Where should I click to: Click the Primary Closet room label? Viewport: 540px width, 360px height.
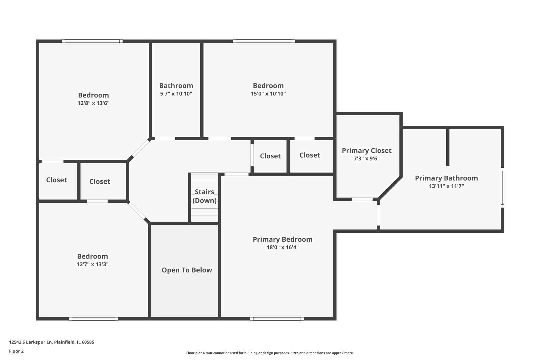tap(366, 151)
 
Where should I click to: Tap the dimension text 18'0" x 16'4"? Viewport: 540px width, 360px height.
tap(283, 247)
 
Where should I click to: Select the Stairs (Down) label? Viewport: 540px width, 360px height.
tap(204, 196)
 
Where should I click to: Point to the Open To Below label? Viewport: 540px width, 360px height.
tap(187, 270)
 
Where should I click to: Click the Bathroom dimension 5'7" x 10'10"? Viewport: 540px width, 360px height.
tap(176, 94)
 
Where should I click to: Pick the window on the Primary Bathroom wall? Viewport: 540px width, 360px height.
tap(502, 188)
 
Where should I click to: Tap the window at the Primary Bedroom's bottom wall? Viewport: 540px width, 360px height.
tap(277, 319)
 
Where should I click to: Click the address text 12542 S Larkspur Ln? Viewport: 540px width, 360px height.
tap(31, 342)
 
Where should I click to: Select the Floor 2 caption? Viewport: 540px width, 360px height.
tap(16, 351)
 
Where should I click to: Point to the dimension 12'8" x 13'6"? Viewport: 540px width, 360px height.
tap(94, 103)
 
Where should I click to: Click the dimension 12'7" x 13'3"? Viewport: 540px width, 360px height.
tap(93, 264)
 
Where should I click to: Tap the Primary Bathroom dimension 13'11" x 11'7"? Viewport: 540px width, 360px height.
tap(446, 186)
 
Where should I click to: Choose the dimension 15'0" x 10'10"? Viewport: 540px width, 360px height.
tap(268, 94)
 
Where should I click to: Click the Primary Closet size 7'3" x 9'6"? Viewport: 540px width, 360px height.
tap(366, 158)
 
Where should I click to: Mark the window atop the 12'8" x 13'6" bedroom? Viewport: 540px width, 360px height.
tap(92, 41)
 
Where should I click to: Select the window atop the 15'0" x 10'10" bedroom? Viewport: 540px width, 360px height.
tap(264, 41)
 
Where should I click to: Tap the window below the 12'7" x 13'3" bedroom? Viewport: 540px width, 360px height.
tap(94, 319)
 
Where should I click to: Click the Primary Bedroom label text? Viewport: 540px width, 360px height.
tap(283, 239)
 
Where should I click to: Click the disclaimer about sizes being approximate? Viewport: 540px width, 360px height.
tap(270, 353)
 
